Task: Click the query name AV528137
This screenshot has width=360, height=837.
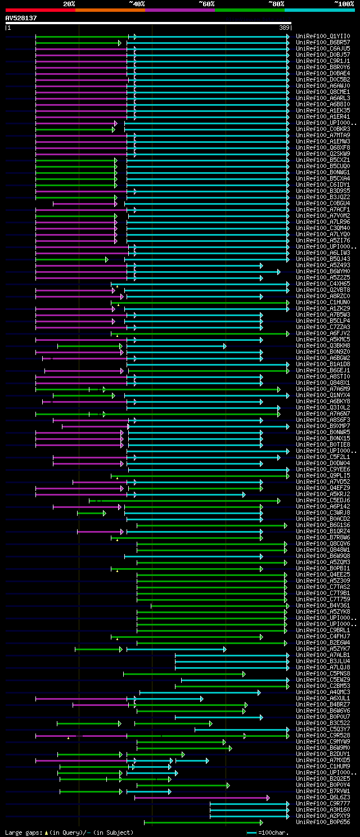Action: pos(21,18)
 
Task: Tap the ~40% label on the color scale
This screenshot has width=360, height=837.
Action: pos(137,3)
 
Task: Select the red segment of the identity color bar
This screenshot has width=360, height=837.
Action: pos(40,10)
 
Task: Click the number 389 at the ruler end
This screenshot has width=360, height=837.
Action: pos(284,28)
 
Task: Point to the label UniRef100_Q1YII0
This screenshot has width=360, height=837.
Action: pos(323,36)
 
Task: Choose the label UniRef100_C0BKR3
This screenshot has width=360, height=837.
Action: pos(323,129)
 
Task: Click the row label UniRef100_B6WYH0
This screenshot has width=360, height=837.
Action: pos(323,271)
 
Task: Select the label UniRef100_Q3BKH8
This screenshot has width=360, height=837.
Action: pos(323,345)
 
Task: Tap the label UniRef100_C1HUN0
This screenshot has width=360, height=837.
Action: pos(323,302)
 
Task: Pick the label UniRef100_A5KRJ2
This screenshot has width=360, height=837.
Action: pos(323,494)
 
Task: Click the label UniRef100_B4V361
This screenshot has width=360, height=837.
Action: pos(323,605)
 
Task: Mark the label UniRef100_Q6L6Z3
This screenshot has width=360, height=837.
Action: pos(323,797)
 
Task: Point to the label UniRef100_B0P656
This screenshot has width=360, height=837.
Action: pos(323,822)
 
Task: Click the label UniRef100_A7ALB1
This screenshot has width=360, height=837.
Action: pos(323,655)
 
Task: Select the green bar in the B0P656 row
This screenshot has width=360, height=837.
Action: pos(202,822)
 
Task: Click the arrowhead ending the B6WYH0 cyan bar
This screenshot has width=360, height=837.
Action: pos(278,271)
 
